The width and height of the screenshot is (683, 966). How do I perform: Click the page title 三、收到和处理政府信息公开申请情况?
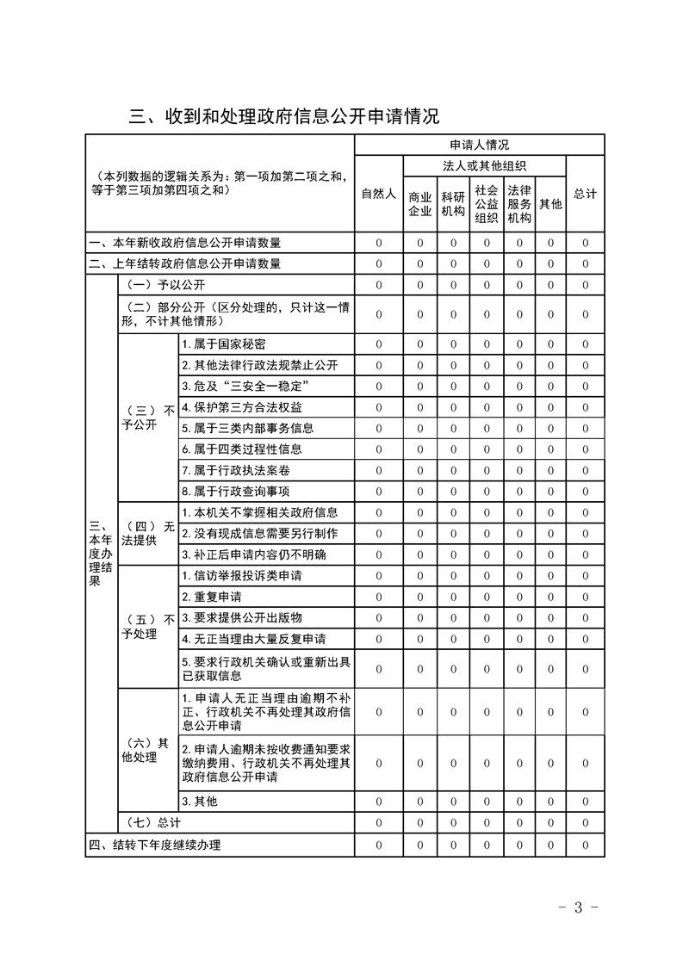[284, 116]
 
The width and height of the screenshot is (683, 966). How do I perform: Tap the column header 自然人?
[378, 194]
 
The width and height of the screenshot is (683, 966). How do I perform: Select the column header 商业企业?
[419, 204]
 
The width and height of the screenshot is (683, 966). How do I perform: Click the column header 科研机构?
[452, 204]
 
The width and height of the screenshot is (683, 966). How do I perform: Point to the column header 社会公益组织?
[486, 204]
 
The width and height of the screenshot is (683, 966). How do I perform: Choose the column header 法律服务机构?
[518, 204]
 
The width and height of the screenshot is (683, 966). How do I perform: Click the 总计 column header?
[585, 194]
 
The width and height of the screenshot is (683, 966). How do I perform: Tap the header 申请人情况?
[479, 145]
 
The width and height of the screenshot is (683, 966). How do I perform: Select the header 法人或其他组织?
[485, 165]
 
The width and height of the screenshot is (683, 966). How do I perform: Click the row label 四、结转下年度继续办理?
[155, 845]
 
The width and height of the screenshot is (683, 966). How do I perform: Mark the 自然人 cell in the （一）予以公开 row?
[378, 285]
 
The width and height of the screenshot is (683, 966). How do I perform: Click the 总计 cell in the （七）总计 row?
[585, 822]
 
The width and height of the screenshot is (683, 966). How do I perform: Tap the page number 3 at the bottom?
[578, 907]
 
